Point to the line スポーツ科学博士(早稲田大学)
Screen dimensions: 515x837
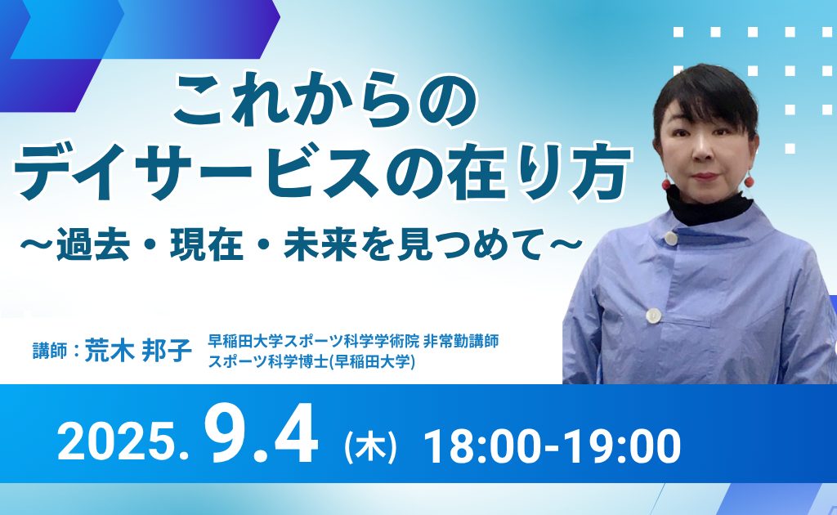point(312,360)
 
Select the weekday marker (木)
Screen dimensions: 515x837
point(370,448)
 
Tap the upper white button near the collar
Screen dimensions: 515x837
point(670,238)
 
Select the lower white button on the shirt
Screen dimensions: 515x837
point(654,316)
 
